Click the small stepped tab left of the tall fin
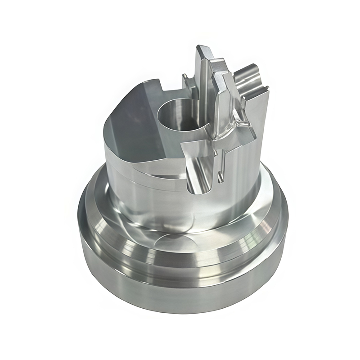point(187,81)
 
